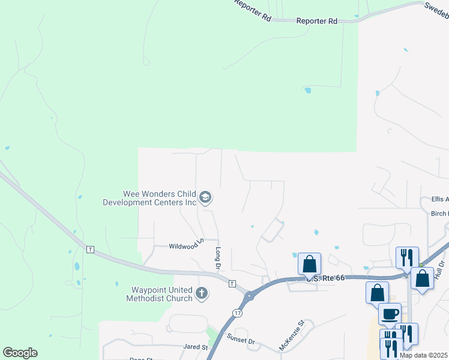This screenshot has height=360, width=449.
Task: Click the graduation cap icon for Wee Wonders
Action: coord(206,197)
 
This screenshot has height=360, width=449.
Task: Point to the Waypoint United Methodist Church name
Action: coord(159,294)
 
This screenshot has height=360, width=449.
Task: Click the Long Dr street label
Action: coord(218,258)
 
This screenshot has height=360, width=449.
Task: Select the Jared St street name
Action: coord(196,347)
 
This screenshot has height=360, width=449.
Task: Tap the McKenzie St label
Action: coord(292,335)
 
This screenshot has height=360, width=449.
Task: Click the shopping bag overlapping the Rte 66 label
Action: coord(310,263)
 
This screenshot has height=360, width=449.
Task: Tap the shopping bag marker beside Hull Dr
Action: coord(422,278)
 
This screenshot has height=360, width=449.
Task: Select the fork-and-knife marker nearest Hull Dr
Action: coord(407,257)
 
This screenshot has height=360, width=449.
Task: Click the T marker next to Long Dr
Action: coord(232,283)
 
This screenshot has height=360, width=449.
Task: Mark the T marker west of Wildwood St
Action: coord(90,249)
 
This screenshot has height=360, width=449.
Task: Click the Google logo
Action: coord(20,353)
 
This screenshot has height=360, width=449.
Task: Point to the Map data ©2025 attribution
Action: coord(423,355)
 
